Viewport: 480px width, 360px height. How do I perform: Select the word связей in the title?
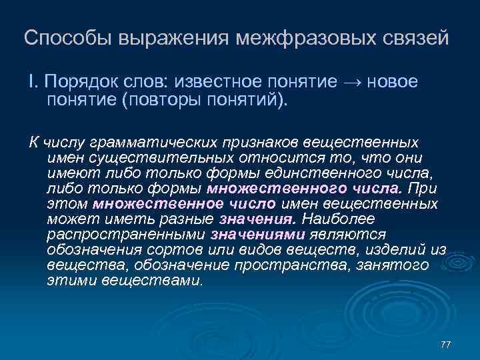(412, 39)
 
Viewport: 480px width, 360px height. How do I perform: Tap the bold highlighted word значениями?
(257, 235)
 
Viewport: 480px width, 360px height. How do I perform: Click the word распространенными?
(126, 235)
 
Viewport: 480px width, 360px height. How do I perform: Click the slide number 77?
(446, 344)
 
